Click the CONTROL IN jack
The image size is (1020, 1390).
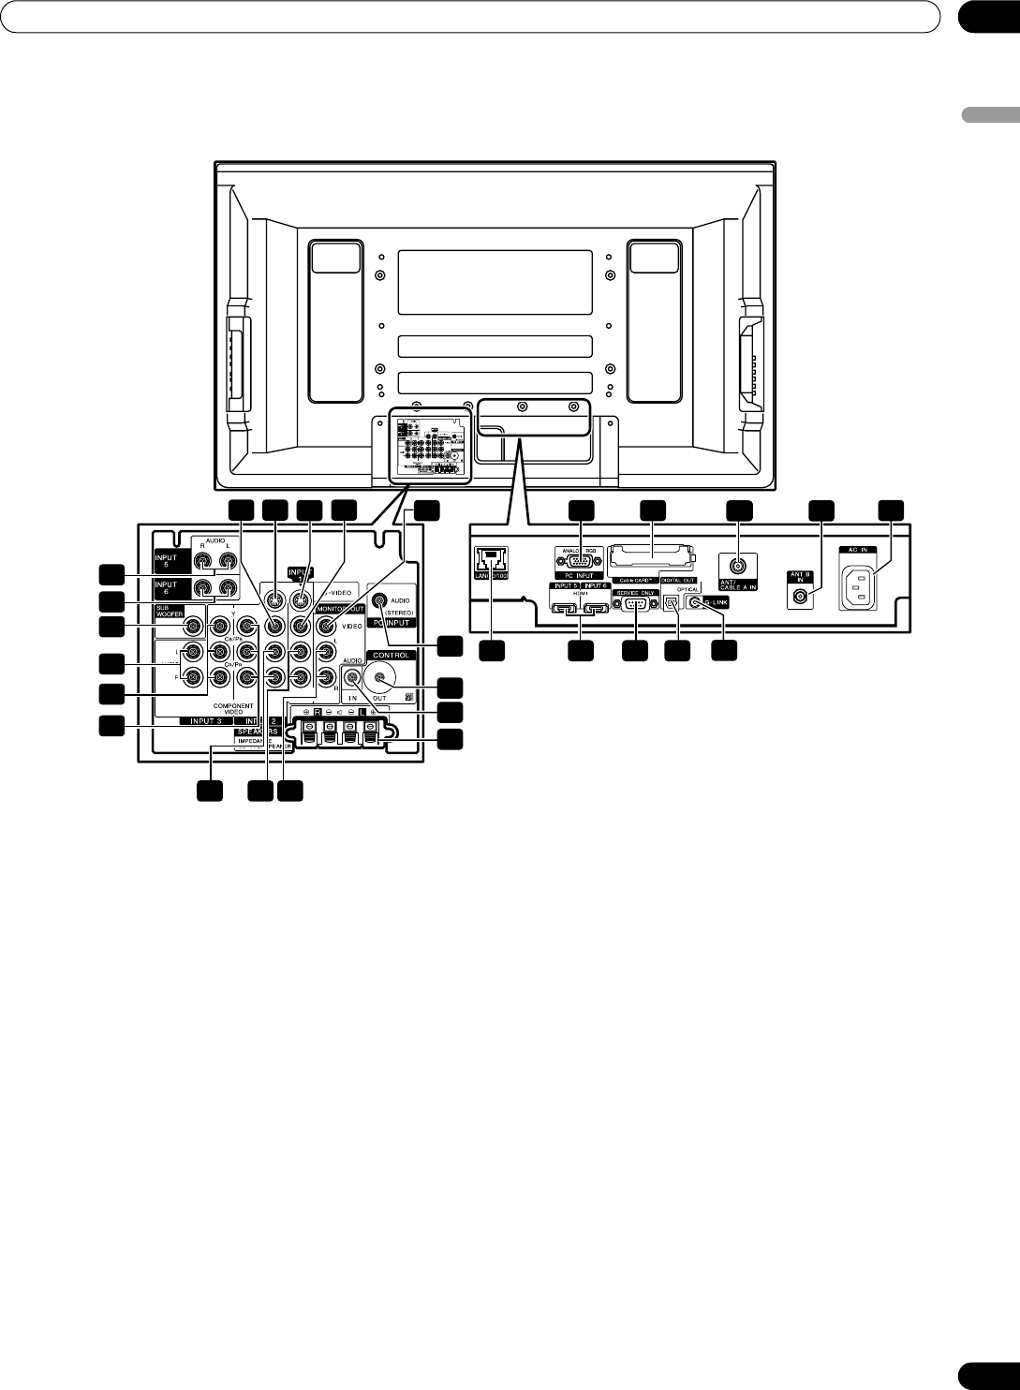tap(353, 675)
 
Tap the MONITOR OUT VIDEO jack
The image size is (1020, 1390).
tap(324, 627)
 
